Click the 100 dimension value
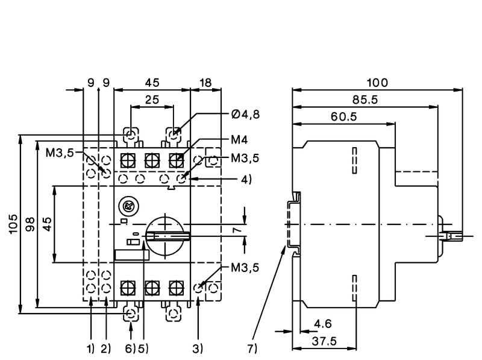(x=378, y=82)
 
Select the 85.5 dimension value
(x=366, y=100)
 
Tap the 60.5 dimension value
(x=344, y=116)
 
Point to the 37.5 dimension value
(x=324, y=341)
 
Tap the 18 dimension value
(x=205, y=83)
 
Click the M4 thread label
(x=239, y=140)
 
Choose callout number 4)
(x=245, y=179)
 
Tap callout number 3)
(x=198, y=348)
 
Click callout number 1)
(x=90, y=348)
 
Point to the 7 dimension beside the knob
(x=237, y=230)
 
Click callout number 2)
(x=106, y=348)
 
